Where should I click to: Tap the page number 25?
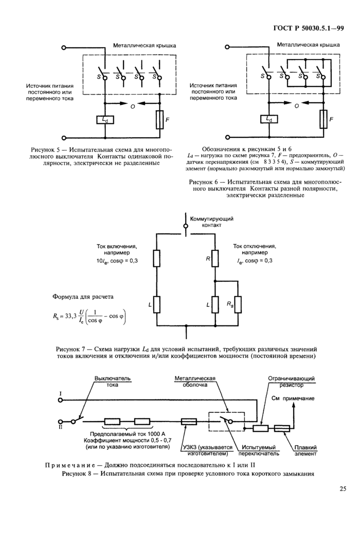pyautogui.click(x=343, y=488)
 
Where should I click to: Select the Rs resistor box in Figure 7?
pyautogui.click(x=238, y=304)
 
